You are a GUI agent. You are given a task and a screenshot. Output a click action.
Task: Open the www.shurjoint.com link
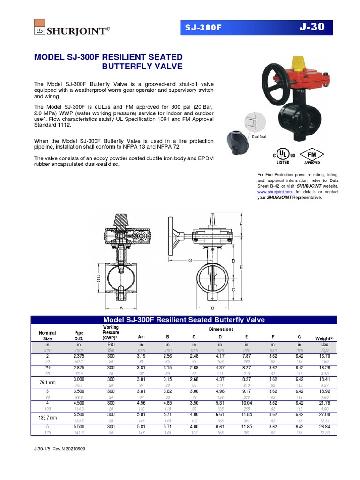[x=276, y=192]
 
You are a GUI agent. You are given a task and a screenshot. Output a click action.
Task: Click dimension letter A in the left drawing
[x=121, y=308]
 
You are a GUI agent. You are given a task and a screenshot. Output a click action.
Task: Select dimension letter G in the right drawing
[x=190, y=260]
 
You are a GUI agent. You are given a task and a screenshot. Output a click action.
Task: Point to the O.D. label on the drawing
[x=98, y=280]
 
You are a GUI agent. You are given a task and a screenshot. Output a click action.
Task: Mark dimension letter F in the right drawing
[x=241, y=225]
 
